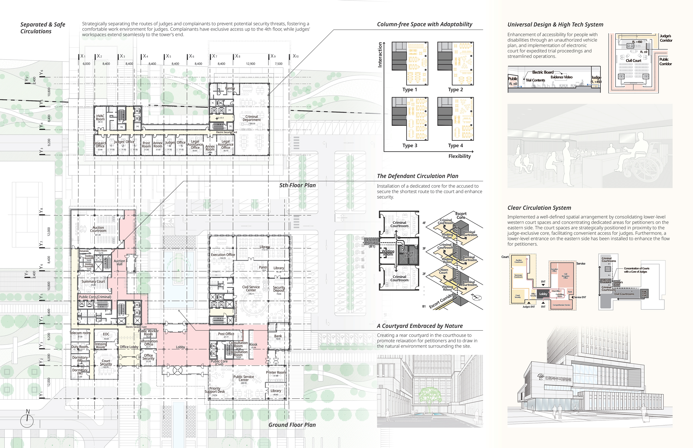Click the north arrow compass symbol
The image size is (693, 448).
(27, 420)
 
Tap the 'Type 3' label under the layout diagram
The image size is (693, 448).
(410, 145)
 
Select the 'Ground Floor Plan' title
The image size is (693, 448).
(292, 425)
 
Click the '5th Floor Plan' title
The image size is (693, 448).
(297, 185)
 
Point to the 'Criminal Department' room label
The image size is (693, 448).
(252, 118)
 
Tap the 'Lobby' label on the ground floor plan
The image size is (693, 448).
(180, 347)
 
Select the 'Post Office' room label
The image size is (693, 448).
(226, 334)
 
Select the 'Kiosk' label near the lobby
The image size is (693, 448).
(253, 345)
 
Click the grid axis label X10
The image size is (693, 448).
(296, 56)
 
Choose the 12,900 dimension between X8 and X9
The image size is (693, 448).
(250, 64)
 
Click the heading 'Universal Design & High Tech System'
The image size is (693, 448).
(555, 25)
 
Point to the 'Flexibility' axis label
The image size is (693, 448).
(459, 156)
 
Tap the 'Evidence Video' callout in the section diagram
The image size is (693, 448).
(561, 77)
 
